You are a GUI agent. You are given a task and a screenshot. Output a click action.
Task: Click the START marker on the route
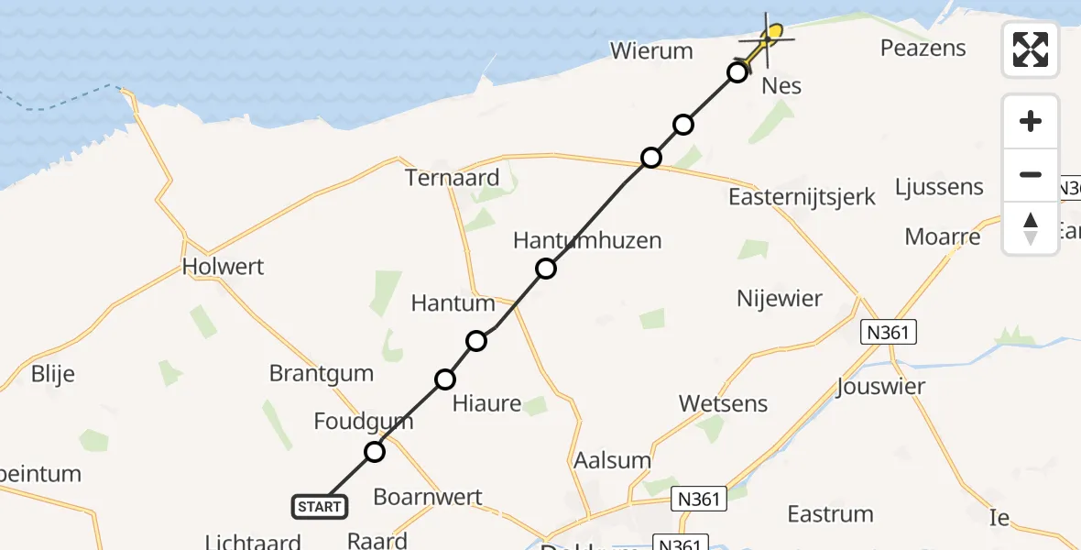pyautogui.click(x=320, y=506)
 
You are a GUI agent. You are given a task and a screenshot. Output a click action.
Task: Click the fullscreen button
pyautogui.click(x=1031, y=49)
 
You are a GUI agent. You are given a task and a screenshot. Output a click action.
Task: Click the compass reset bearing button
pyautogui.click(x=1031, y=228)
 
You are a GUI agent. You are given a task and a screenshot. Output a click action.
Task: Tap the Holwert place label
pyautogui.click(x=224, y=267)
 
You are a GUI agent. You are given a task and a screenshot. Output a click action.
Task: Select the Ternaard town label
pyautogui.click(x=453, y=178)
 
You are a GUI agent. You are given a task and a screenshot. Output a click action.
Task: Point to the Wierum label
pyautogui.click(x=651, y=50)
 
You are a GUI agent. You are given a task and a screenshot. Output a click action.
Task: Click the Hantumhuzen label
pyautogui.click(x=587, y=241)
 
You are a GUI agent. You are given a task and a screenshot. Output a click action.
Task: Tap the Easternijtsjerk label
pyautogui.click(x=803, y=196)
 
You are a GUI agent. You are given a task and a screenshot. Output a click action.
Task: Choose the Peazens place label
pyautogui.click(x=923, y=48)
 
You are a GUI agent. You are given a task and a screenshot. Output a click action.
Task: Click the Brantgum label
pyautogui.click(x=322, y=373)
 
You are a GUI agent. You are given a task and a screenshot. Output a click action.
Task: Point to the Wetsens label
pyautogui.click(x=724, y=403)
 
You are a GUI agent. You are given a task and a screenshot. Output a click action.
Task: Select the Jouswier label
pyautogui.click(x=880, y=387)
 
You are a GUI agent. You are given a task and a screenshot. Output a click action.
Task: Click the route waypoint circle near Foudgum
pyautogui.click(x=375, y=451)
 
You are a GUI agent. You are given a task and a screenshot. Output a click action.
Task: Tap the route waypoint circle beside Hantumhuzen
pyautogui.click(x=546, y=269)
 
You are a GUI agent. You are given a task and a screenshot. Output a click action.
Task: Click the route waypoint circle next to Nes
pyautogui.click(x=737, y=72)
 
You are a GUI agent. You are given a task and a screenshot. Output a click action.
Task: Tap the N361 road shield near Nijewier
pyautogui.click(x=889, y=332)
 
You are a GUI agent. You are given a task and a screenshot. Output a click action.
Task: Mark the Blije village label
pyautogui.click(x=52, y=374)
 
